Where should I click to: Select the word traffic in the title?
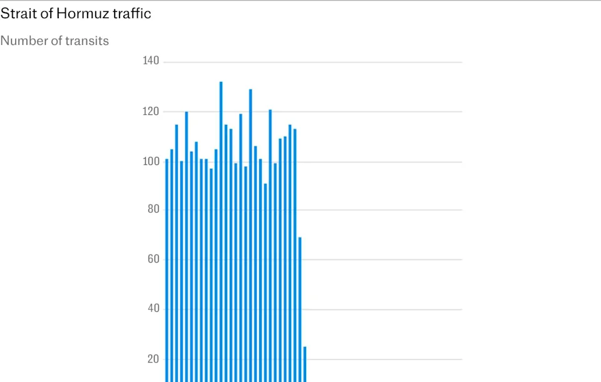130,13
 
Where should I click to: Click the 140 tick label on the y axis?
152,61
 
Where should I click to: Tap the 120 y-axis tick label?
152,111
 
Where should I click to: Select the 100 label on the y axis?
152,161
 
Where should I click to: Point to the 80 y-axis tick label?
153,209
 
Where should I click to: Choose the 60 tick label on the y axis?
153,259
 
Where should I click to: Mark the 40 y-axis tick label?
153,309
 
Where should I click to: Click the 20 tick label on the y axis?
153,359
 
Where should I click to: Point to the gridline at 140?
376,63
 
